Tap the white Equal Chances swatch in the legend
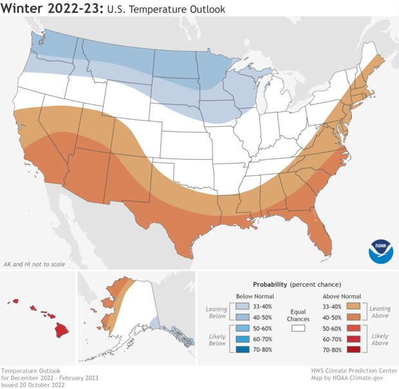(298, 328)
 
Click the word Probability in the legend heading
(270, 284)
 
